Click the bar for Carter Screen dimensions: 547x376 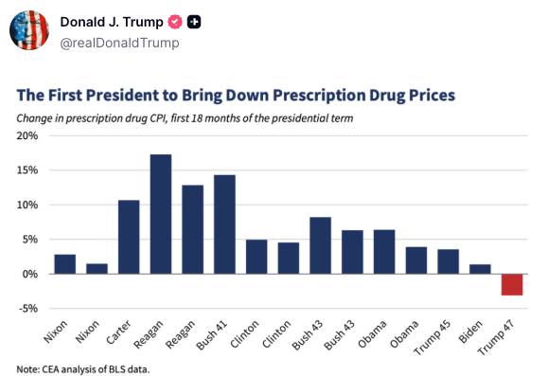tap(129, 237)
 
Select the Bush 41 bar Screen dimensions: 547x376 tap(224, 224)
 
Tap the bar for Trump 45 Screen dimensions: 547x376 tap(449, 261)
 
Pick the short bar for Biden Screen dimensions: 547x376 tap(480, 269)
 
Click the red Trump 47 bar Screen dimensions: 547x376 tap(512, 285)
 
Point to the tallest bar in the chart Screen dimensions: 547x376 tap(161, 214)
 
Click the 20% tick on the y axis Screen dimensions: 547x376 tap(27, 135)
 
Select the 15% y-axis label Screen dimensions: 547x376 tap(27, 170)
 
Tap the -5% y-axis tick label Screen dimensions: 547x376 tap(28, 309)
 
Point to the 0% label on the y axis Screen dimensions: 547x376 tap(30, 274)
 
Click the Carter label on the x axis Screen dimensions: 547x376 tap(118, 332)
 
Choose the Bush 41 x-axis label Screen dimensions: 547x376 tap(212, 335)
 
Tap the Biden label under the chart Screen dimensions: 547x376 tap(470, 331)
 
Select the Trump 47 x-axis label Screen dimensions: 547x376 tap(496, 337)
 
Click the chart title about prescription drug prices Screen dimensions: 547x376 tap(236, 95)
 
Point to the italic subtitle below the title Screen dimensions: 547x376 tap(185, 118)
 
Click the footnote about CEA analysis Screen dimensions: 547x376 tap(83, 369)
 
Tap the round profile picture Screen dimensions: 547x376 tap(29, 30)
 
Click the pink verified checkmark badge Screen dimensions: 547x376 tap(175, 22)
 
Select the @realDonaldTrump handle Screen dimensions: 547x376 tap(119, 43)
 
